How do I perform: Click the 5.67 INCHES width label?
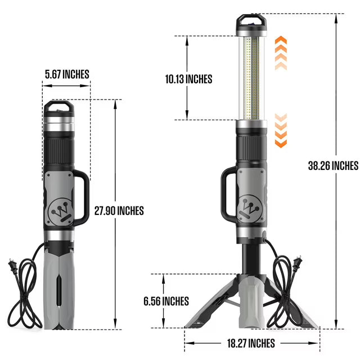pyautogui.click(x=67, y=74)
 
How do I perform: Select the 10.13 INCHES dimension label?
pyautogui.click(x=188, y=79)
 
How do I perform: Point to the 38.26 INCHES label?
pyautogui.click(x=333, y=166)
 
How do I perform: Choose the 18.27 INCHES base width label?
pyautogui.click(x=251, y=343)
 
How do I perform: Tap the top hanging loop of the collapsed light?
pyautogui.click(x=58, y=109)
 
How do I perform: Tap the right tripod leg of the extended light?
pyautogui.click(x=298, y=309)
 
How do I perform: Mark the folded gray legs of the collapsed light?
pyautogui.click(x=58, y=287)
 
